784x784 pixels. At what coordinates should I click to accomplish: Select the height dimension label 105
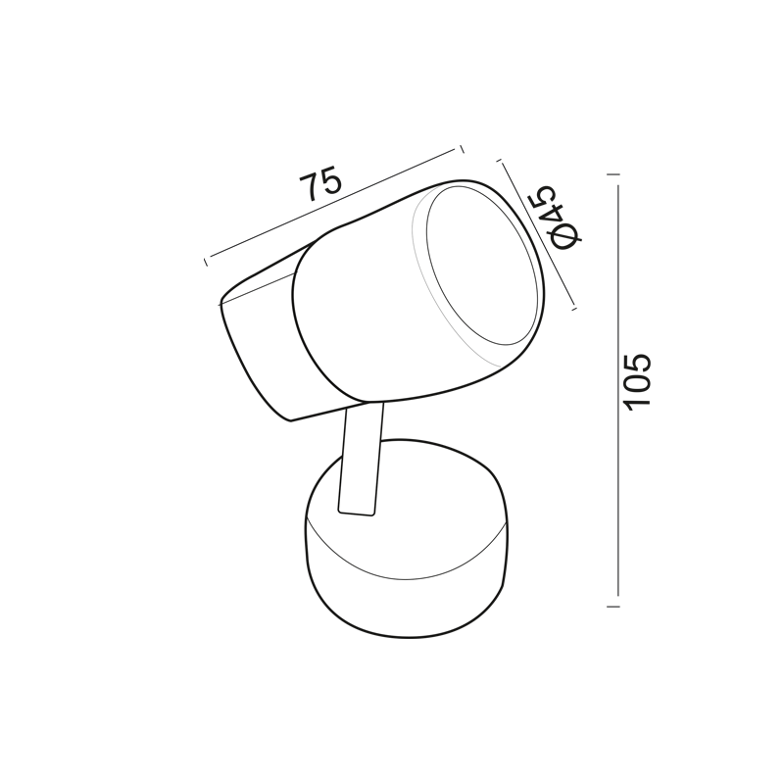[639, 382]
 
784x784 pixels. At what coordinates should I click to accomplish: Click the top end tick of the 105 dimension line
[613, 174]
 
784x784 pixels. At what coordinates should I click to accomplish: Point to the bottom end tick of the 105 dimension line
[613, 607]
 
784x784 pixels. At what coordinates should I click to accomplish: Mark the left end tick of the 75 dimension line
[206, 263]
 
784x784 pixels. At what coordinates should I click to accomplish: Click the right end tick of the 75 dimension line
[462, 149]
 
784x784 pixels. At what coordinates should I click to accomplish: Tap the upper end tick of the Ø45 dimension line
[499, 161]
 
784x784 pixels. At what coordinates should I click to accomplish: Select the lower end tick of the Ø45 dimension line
[574, 309]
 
